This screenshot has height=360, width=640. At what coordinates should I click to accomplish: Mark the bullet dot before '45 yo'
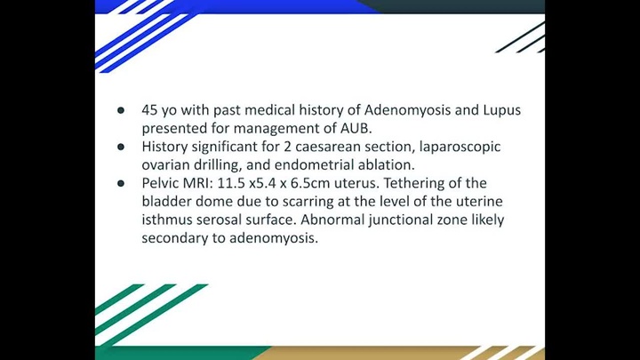(x=121, y=111)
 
